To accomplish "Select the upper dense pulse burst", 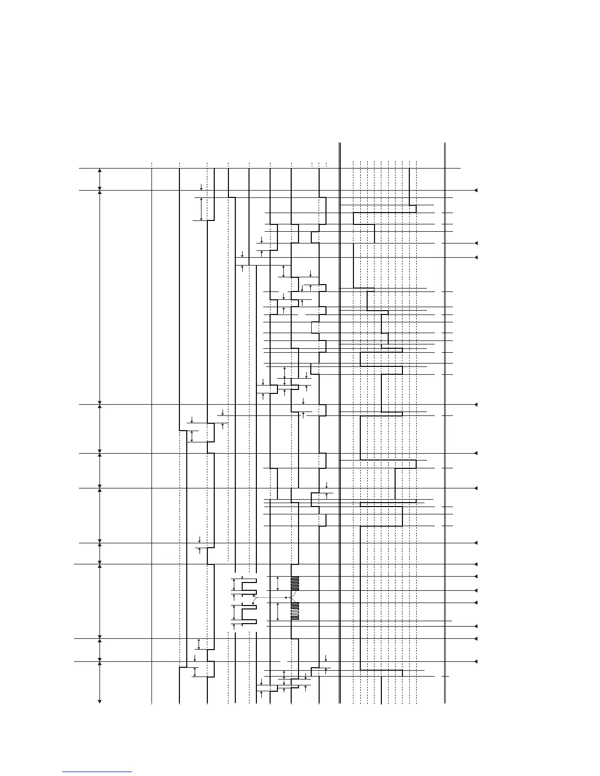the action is pos(295,583).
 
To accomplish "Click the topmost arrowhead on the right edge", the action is pos(475,190).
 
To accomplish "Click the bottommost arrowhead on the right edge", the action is pos(475,662).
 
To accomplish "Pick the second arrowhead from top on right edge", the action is pos(475,243).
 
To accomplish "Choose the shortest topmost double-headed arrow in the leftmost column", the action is pos(100,179).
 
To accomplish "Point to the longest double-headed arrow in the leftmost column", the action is pos(100,297).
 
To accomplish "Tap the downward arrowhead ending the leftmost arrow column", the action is pos(100,702).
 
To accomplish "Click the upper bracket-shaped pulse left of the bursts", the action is pos(250,584).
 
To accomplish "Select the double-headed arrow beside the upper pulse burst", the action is pos(278,583).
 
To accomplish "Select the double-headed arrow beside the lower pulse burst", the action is pos(278,611).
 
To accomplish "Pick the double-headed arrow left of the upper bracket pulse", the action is pos(234,584).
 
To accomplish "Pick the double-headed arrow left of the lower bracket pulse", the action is pos(234,613).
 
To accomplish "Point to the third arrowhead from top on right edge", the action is pos(475,257).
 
